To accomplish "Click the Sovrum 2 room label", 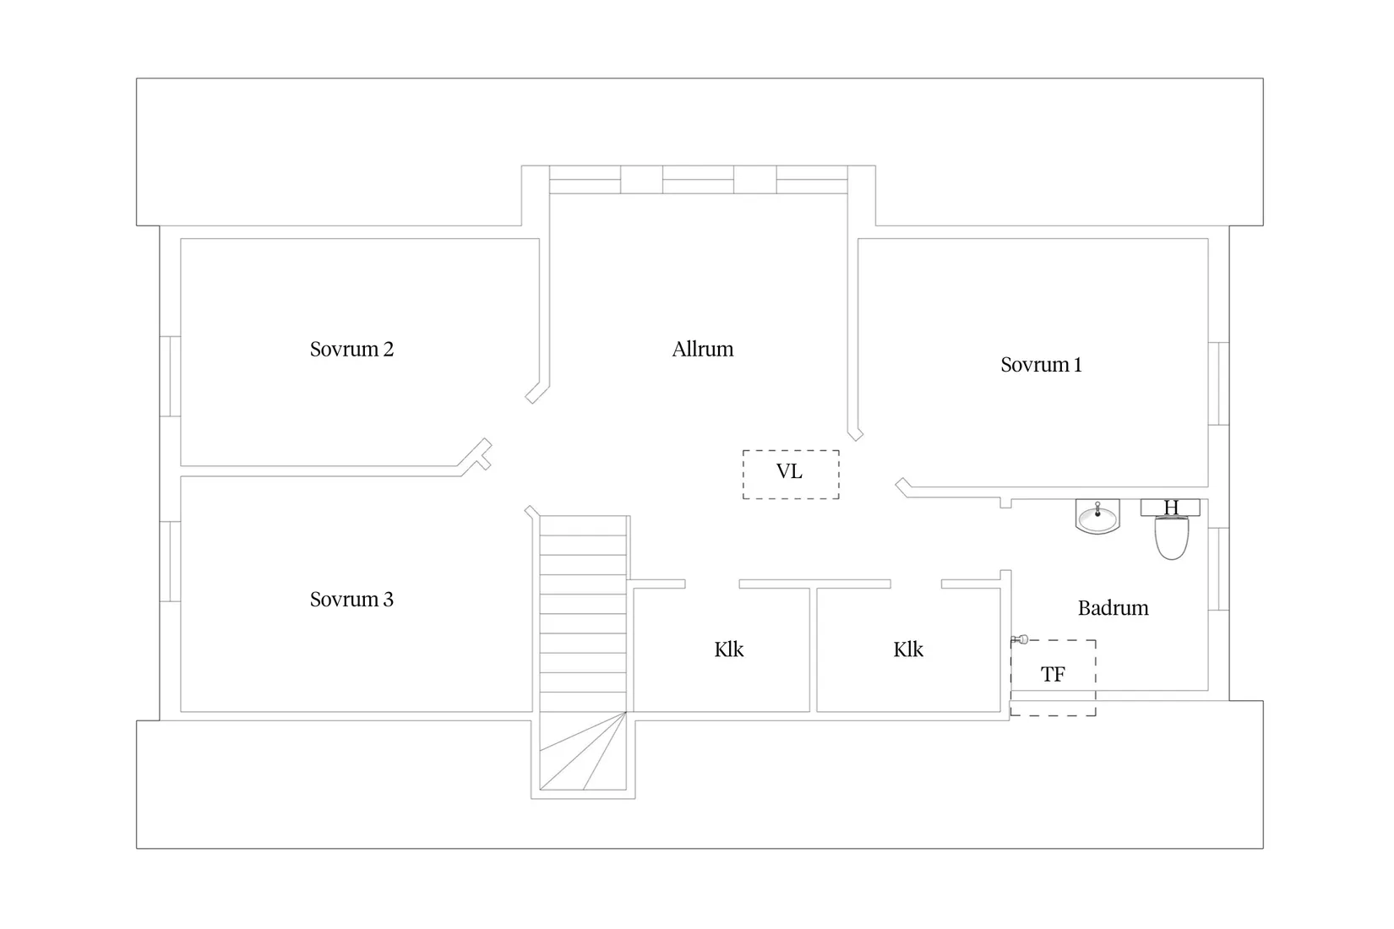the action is click(x=351, y=349).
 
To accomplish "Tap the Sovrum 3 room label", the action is click(x=351, y=600).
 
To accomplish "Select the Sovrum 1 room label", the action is click(x=1041, y=365).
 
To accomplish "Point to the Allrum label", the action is click(x=703, y=349).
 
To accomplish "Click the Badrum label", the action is click(x=1114, y=608).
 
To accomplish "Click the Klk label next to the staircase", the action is click(x=729, y=649).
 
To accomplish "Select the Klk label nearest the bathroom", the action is click(x=908, y=649).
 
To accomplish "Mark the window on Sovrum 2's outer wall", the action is click(x=170, y=376).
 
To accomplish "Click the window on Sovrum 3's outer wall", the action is click(x=170, y=562).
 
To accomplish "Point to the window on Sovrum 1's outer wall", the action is click(x=1218, y=384).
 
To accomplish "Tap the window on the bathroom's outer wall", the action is click(x=1218, y=568).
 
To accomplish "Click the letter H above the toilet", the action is click(x=1171, y=508).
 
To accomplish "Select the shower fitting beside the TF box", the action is click(x=1020, y=639).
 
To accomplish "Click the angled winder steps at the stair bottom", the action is click(x=582, y=751).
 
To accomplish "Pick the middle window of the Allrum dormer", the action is click(x=698, y=179).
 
